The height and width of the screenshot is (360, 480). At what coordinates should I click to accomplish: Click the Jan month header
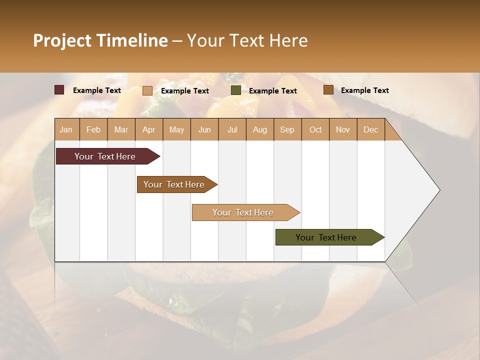(x=66, y=129)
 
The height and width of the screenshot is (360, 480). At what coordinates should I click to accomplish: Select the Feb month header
(x=93, y=129)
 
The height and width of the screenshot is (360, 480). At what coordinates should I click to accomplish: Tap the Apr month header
(x=149, y=129)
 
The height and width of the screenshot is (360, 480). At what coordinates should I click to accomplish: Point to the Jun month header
(x=204, y=129)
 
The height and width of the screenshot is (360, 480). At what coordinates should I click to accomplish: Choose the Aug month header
(x=260, y=129)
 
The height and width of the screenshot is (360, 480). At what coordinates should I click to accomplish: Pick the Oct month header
(x=315, y=129)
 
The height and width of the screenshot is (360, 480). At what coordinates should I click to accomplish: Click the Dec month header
(x=371, y=129)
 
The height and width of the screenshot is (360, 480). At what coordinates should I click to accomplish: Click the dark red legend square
(x=59, y=90)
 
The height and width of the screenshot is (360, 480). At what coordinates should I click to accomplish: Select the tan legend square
(x=147, y=90)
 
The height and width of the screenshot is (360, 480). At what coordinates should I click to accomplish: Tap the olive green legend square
(x=235, y=90)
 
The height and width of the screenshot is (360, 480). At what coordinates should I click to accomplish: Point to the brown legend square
(x=328, y=90)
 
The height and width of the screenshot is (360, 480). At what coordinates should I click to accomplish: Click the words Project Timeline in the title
(x=100, y=40)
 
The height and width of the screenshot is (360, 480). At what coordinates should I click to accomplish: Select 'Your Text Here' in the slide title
(x=247, y=40)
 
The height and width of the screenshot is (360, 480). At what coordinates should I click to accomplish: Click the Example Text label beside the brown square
(x=364, y=90)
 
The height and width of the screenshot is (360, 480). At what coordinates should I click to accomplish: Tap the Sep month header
(x=287, y=129)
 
